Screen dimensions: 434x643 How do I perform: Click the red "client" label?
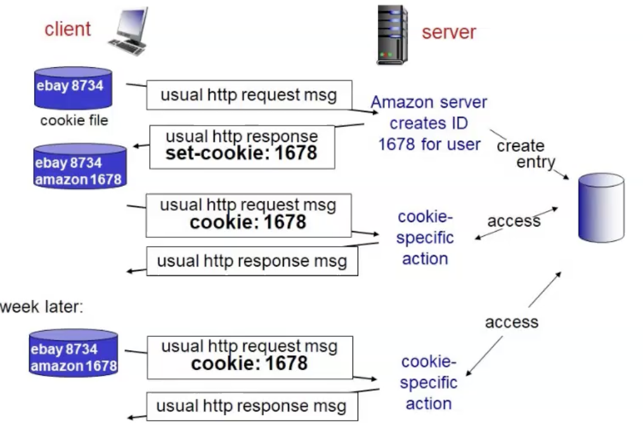(x=67, y=29)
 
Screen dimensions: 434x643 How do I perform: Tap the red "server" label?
(x=448, y=32)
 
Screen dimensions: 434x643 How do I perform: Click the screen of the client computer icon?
(x=131, y=23)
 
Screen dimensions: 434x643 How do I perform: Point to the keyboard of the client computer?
(x=126, y=46)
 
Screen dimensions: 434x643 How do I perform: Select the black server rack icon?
(x=391, y=34)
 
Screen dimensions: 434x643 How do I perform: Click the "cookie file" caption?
(x=74, y=121)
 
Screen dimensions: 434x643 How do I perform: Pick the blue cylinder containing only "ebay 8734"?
(x=73, y=88)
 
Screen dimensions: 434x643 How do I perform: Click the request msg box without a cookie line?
(x=249, y=95)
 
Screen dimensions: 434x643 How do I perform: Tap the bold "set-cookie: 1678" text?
(x=241, y=153)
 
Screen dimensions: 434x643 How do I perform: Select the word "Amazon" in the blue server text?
(x=401, y=102)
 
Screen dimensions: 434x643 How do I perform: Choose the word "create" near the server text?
(x=520, y=146)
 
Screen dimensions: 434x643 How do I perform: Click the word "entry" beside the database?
(x=535, y=162)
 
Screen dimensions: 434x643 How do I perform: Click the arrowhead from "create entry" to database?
(x=566, y=176)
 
